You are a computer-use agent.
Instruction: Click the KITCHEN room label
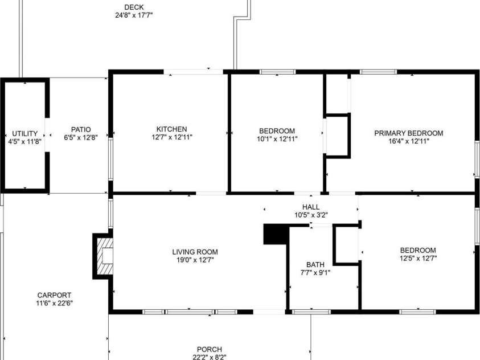tap(171, 129)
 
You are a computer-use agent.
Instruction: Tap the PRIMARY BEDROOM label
tap(408, 133)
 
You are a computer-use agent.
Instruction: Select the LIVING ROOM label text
tap(195, 252)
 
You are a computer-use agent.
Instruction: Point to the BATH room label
tap(315, 264)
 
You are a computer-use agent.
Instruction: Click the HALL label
tap(311, 207)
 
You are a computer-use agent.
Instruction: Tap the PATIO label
tap(81, 129)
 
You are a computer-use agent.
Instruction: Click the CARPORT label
tap(54, 295)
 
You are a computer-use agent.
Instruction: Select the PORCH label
tap(210, 349)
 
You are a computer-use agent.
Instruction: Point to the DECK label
tap(134, 7)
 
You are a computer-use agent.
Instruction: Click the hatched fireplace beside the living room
tap(104, 255)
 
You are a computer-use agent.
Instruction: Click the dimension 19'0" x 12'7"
tap(195, 260)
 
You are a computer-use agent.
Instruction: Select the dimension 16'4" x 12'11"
tap(408, 141)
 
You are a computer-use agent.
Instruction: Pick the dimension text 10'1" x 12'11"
tap(277, 138)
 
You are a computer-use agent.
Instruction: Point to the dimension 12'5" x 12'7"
tap(418, 258)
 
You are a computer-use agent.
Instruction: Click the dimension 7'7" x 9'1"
tap(315, 272)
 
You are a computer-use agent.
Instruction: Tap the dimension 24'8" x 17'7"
tap(134, 15)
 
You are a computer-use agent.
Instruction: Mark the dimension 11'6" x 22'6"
tap(54, 303)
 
